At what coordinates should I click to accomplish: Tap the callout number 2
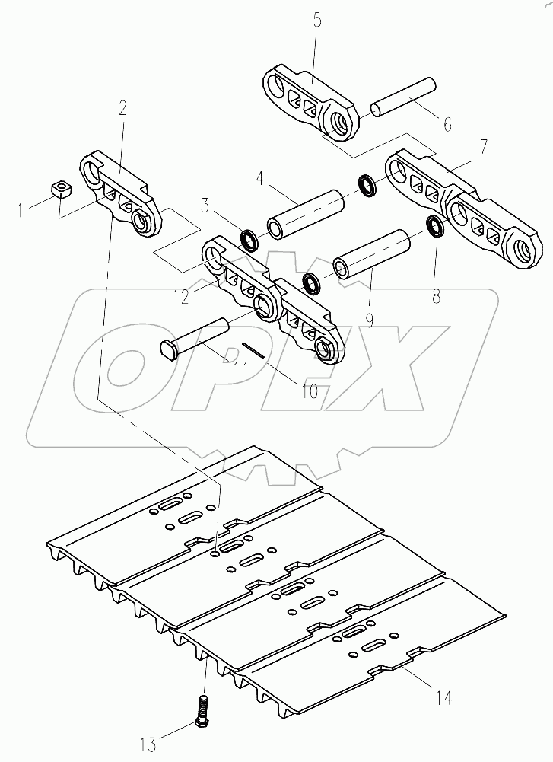tap(122, 108)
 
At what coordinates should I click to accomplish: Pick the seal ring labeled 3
tap(249, 241)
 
